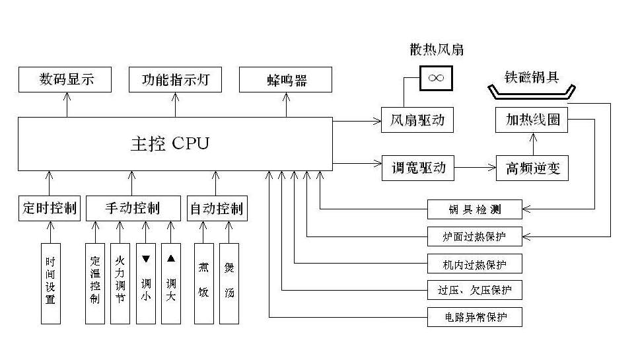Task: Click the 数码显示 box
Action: pyautogui.click(x=65, y=80)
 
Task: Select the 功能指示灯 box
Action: pyautogui.click(x=175, y=80)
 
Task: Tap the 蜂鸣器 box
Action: pyautogui.click(x=286, y=80)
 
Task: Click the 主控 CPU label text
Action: pyautogui.click(x=170, y=143)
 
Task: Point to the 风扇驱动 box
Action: pyautogui.click(x=417, y=120)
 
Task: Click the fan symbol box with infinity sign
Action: pyautogui.click(x=435, y=77)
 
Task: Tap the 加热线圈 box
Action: pyautogui.click(x=532, y=120)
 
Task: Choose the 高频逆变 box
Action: pyautogui.click(x=532, y=168)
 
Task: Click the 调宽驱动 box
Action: pyautogui.click(x=417, y=168)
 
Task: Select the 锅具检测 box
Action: pyautogui.click(x=474, y=209)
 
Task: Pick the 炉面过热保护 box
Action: pyautogui.click(x=474, y=235)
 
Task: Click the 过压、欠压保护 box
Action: pyautogui.click(x=474, y=289)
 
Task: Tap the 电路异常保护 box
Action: pyautogui.click(x=474, y=316)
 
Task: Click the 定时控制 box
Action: pyautogui.click(x=50, y=209)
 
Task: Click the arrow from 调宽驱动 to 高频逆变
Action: pyautogui.click(x=476, y=168)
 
